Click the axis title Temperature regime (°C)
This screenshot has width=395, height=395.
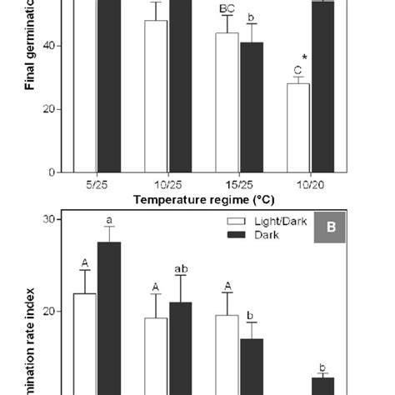click(x=204, y=200)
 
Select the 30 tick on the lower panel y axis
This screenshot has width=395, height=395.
click(x=49, y=219)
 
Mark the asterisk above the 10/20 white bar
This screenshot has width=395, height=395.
click(x=305, y=57)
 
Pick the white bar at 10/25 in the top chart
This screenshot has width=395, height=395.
click(x=156, y=96)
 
